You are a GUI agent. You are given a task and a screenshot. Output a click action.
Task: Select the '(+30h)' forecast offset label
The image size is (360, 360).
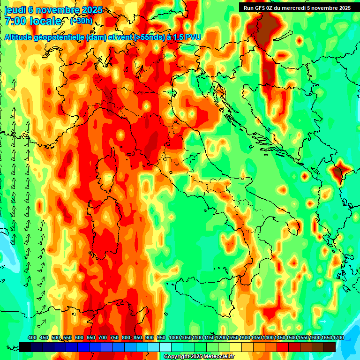click(x=81, y=21)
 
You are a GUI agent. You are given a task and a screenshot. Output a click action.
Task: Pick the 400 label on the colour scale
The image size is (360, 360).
click(x=32, y=338)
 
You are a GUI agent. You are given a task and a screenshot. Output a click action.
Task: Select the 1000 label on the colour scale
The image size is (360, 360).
click(x=174, y=338)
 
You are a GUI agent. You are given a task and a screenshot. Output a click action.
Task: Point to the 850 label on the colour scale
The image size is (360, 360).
click(x=138, y=338)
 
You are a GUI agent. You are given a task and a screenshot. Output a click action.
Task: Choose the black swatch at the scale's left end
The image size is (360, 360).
click(x=25, y=347)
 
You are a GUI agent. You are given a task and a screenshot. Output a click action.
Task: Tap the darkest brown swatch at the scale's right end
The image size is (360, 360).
click(x=330, y=347)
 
